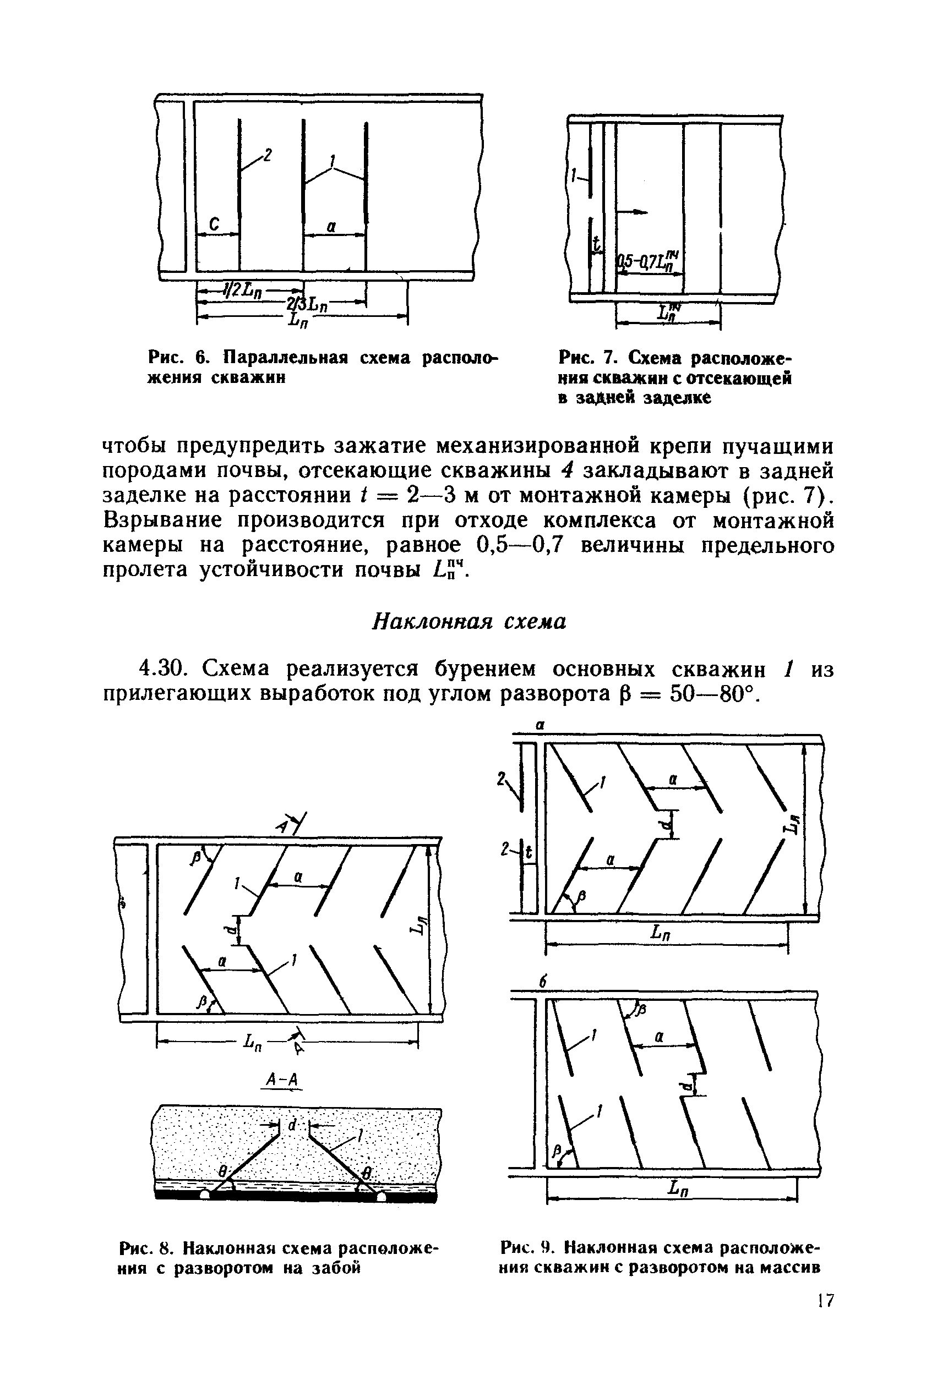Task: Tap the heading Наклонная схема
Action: tap(469, 622)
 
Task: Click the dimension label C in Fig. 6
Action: tap(214, 224)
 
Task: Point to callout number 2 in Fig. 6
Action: tap(268, 156)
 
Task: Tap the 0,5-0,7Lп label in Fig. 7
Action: tap(649, 261)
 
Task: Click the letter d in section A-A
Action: tap(293, 1125)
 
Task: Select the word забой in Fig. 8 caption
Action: tap(338, 1267)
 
